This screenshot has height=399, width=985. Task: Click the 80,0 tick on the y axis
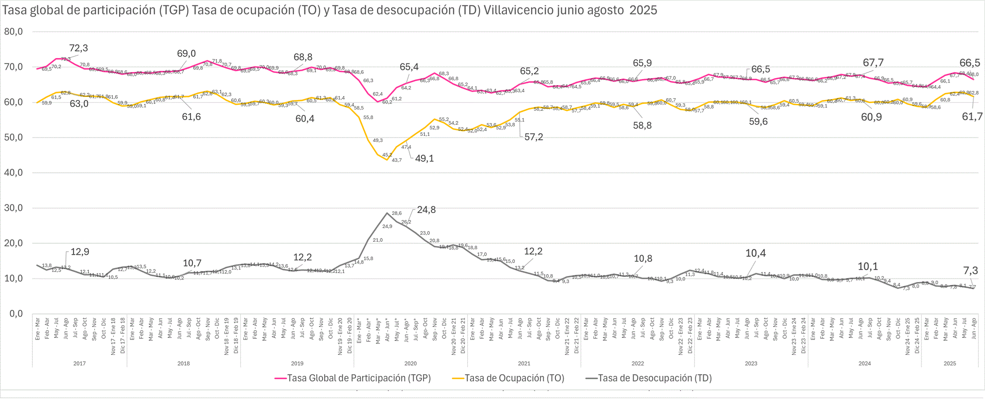tap(13, 32)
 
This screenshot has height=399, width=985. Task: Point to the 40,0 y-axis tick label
tap(13, 173)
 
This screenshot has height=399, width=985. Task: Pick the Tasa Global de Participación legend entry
tap(353, 378)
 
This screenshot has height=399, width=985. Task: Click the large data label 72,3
tap(79, 48)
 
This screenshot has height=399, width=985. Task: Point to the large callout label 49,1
tap(424, 158)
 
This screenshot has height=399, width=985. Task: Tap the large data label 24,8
tap(426, 210)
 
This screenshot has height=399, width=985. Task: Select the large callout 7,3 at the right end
tap(971, 271)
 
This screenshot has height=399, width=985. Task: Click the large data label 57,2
tap(534, 137)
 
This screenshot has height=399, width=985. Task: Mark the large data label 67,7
tap(873, 63)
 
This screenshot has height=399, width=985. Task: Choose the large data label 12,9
tap(80, 252)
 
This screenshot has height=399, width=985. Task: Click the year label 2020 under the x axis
tap(410, 364)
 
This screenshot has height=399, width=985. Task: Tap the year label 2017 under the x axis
tap(79, 364)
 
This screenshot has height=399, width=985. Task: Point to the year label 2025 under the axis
tap(950, 364)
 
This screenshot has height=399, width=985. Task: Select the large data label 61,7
tap(972, 117)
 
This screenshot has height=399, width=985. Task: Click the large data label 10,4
tap(756, 253)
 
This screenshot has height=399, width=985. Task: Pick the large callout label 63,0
tap(79, 104)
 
